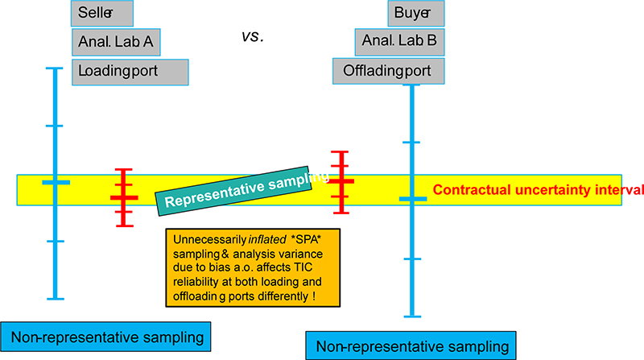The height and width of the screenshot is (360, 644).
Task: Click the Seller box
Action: point(102,13)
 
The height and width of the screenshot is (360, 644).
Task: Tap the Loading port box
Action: point(130,71)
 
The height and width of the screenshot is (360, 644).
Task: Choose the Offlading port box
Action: point(389,71)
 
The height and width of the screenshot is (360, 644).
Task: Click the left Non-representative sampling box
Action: point(107,335)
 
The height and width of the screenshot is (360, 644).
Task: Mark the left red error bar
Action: point(123,197)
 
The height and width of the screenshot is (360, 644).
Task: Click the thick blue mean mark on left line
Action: point(56,183)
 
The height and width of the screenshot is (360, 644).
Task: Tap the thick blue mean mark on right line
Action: point(413,198)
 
